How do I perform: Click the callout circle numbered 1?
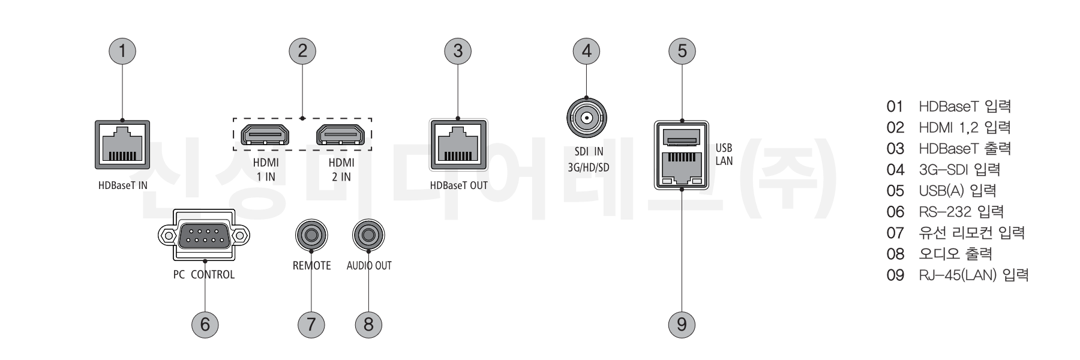click(122, 51)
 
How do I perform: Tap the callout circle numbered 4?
click(586, 51)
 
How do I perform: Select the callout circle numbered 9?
click(682, 325)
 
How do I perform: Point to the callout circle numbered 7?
click(311, 325)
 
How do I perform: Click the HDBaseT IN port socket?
click(122, 145)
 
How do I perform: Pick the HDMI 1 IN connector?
click(265, 136)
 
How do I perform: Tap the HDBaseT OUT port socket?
click(459, 145)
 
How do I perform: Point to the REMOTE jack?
click(311, 235)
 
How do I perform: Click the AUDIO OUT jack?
click(368, 235)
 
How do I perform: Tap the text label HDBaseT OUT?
click(459, 185)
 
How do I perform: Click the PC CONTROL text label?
click(204, 275)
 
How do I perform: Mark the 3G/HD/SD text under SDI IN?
click(588, 167)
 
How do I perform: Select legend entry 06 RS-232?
click(944, 212)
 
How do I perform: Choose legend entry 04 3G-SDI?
click(943, 170)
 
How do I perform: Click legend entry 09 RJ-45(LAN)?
click(957, 275)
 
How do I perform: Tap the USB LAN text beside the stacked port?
click(724, 154)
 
